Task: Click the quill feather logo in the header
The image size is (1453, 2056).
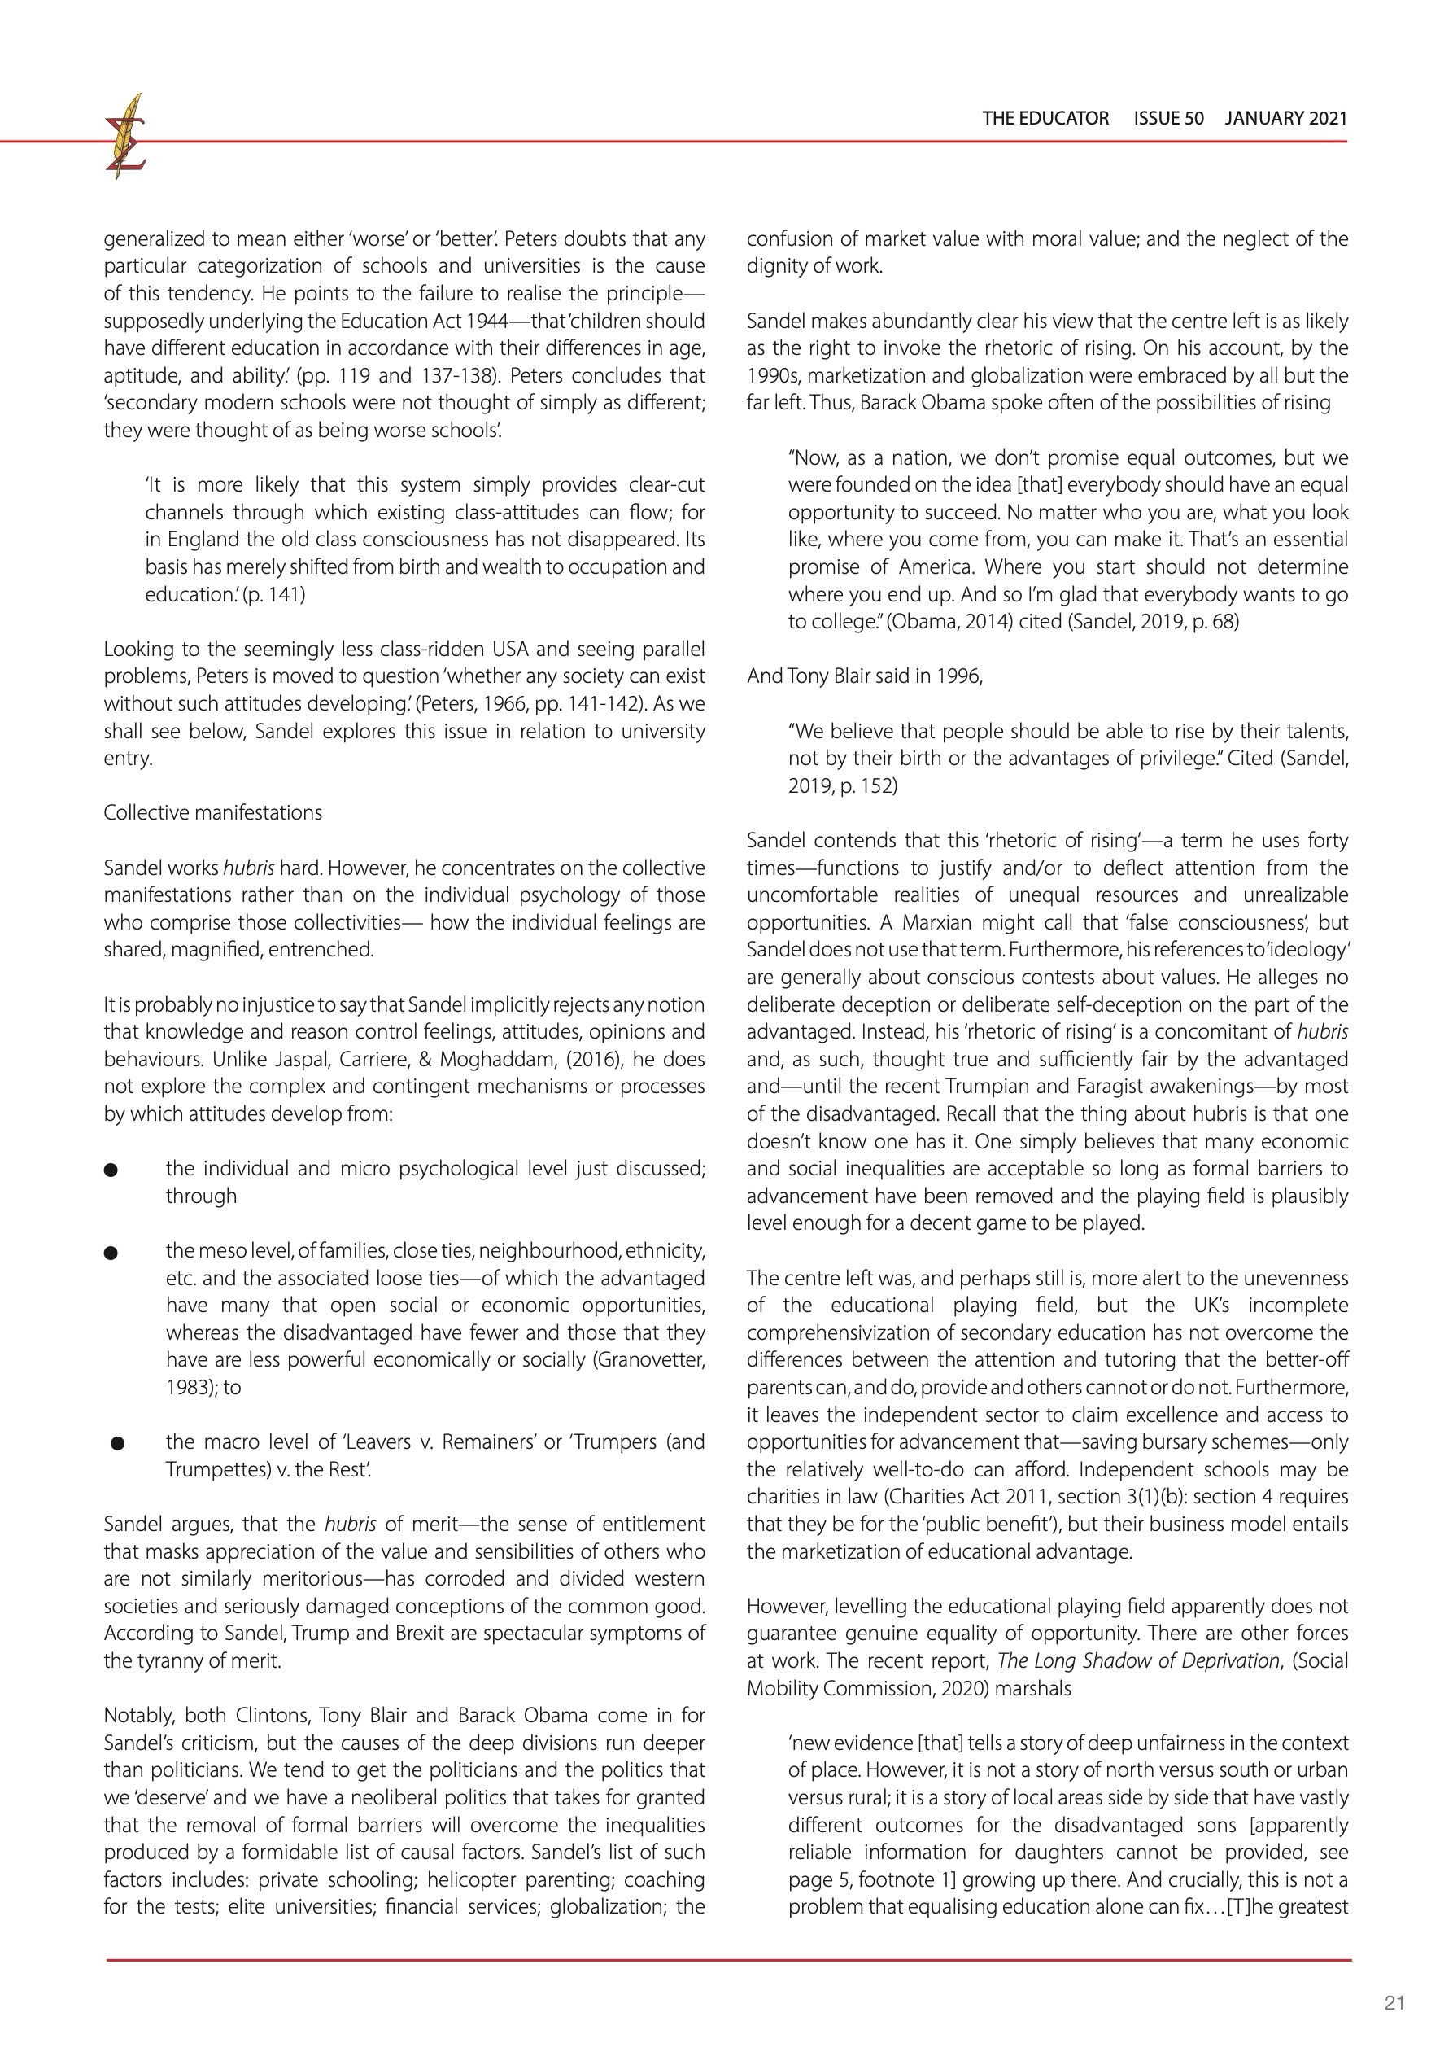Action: (125, 136)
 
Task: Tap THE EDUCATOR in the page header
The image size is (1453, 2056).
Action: (1045, 118)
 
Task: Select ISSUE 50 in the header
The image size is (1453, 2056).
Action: (1168, 118)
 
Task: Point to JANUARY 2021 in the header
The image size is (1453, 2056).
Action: (1285, 118)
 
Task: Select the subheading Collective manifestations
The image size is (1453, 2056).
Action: (213, 812)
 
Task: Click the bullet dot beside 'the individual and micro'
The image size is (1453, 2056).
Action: (111, 1170)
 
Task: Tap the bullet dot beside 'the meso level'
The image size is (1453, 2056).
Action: (111, 1253)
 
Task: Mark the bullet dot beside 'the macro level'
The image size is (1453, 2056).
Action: (117, 1443)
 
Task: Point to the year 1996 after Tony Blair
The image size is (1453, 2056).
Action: (959, 676)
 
